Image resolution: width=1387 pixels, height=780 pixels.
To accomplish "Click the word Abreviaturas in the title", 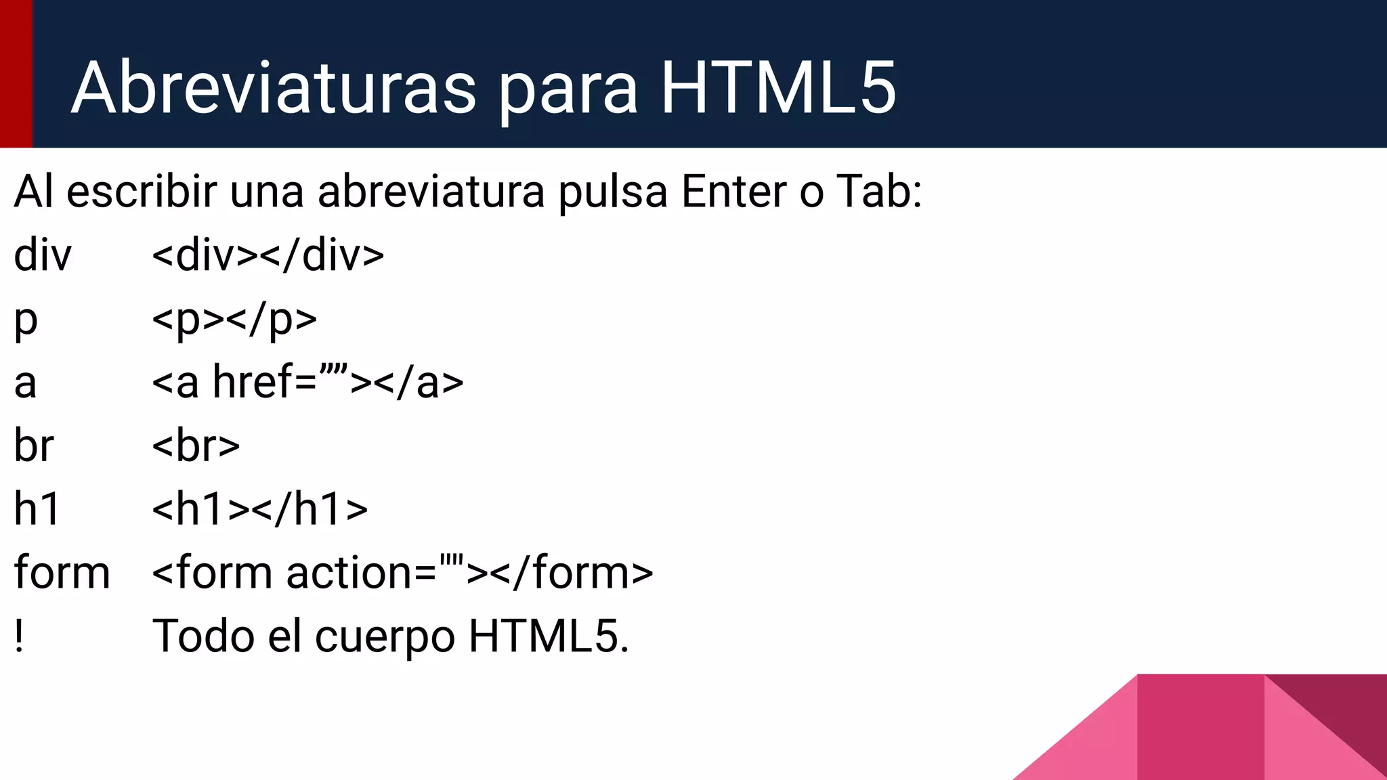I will click(274, 88).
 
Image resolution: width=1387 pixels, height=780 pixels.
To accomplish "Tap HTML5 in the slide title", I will click(778, 88).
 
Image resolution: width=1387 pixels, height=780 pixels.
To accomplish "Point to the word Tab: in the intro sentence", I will click(879, 192).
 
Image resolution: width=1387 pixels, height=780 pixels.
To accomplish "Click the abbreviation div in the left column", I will click(42, 255).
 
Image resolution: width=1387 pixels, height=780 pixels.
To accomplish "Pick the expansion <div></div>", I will click(268, 255).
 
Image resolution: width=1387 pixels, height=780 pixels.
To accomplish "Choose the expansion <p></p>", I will click(234, 320).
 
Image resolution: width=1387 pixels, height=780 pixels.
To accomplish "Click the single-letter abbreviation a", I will click(25, 383).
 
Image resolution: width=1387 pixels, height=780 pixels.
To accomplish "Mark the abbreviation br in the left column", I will click(34, 446).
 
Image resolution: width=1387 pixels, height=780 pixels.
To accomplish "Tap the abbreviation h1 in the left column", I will click(37, 509).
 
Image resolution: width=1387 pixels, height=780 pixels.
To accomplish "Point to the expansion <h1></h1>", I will click(260, 509).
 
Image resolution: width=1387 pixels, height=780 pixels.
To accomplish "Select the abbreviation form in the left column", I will click(62, 573).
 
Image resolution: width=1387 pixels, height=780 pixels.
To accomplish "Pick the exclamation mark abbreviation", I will click(19, 636).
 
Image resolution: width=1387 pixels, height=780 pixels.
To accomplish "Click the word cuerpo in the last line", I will click(385, 637).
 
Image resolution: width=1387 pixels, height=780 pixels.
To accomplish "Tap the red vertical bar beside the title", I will click(16, 73).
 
